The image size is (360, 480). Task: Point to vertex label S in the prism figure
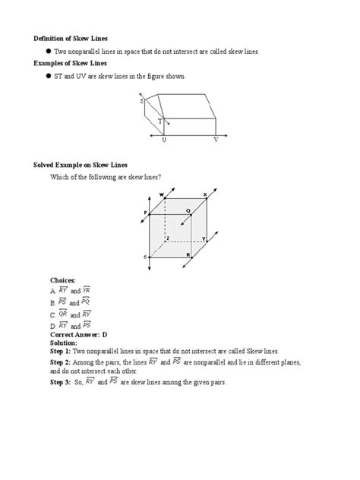click(x=141, y=100)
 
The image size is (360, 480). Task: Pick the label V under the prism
click(x=216, y=141)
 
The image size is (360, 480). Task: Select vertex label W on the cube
click(x=162, y=195)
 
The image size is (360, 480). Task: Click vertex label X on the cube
click(x=204, y=195)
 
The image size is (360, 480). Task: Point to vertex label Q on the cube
click(x=188, y=211)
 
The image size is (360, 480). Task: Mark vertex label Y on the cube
click(x=204, y=238)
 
